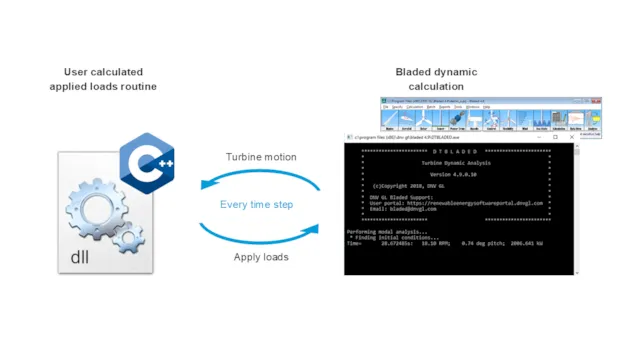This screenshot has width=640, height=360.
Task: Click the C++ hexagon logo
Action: tap(147, 163)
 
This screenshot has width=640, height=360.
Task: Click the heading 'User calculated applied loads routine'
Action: tap(103, 79)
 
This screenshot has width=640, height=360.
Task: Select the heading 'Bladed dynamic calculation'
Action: tap(436, 79)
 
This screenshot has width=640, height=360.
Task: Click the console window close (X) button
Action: tap(571, 137)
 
